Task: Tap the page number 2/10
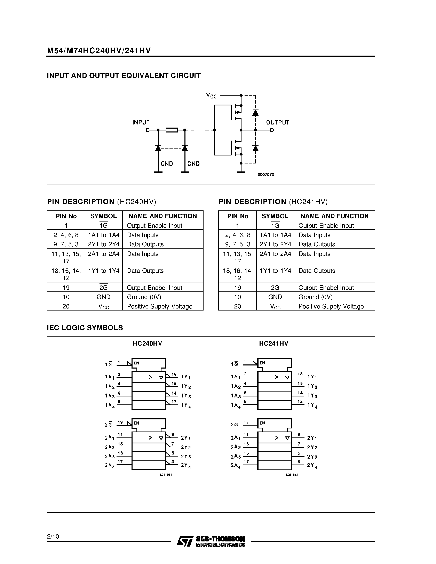53,537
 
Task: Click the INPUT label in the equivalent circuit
141,122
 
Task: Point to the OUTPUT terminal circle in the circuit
271,130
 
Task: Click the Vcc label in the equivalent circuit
211,96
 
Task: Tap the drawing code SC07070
266,175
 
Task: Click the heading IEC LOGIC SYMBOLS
85,328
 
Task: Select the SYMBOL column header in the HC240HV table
103,216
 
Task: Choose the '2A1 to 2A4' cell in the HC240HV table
104,254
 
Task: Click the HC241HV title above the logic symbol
274,344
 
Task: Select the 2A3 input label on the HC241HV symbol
236,457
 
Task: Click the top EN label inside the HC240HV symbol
136,363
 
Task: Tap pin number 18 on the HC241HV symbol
300,374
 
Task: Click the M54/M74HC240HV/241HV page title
99,51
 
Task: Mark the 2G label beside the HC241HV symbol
234,425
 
